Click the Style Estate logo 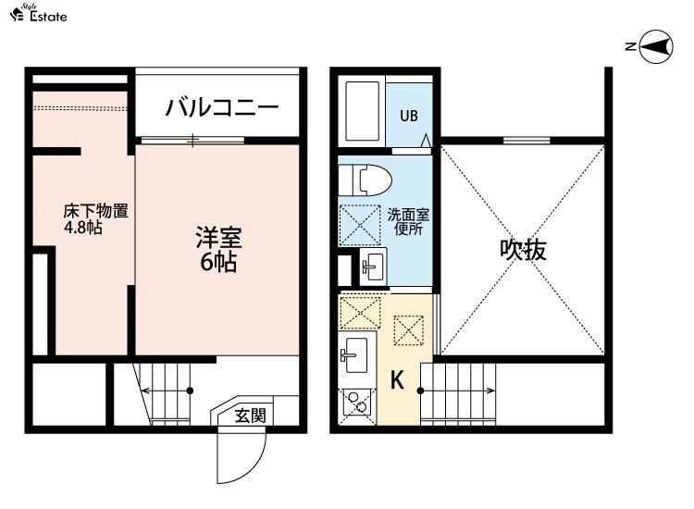(39, 13)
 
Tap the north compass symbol (656, 46)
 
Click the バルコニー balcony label (222, 107)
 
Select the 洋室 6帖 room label (218, 249)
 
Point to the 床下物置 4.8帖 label (95, 218)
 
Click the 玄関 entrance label (251, 416)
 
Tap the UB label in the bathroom (408, 116)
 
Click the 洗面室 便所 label (408, 222)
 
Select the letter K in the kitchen (397, 379)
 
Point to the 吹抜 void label (523, 250)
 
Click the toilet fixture (366, 180)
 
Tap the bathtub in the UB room (362, 111)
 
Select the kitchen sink (355, 355)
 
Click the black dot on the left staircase (190, 391)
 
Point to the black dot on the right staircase (420, 391)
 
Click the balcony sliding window (192, 141)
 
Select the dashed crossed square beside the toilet (359, 225)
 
